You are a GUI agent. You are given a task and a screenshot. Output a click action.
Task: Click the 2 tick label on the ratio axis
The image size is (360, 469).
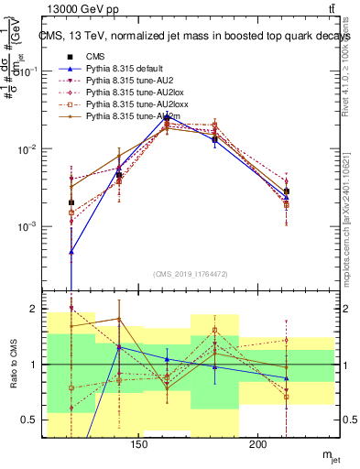click(x=33, y=309)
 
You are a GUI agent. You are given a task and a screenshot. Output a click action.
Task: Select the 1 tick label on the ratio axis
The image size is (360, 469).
click(x=33, y=365)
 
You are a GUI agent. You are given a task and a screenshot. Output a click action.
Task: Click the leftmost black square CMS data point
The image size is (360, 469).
click(x=71, y=202)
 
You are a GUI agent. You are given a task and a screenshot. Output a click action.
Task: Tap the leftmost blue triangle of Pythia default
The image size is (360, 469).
click(x=71, y=251)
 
